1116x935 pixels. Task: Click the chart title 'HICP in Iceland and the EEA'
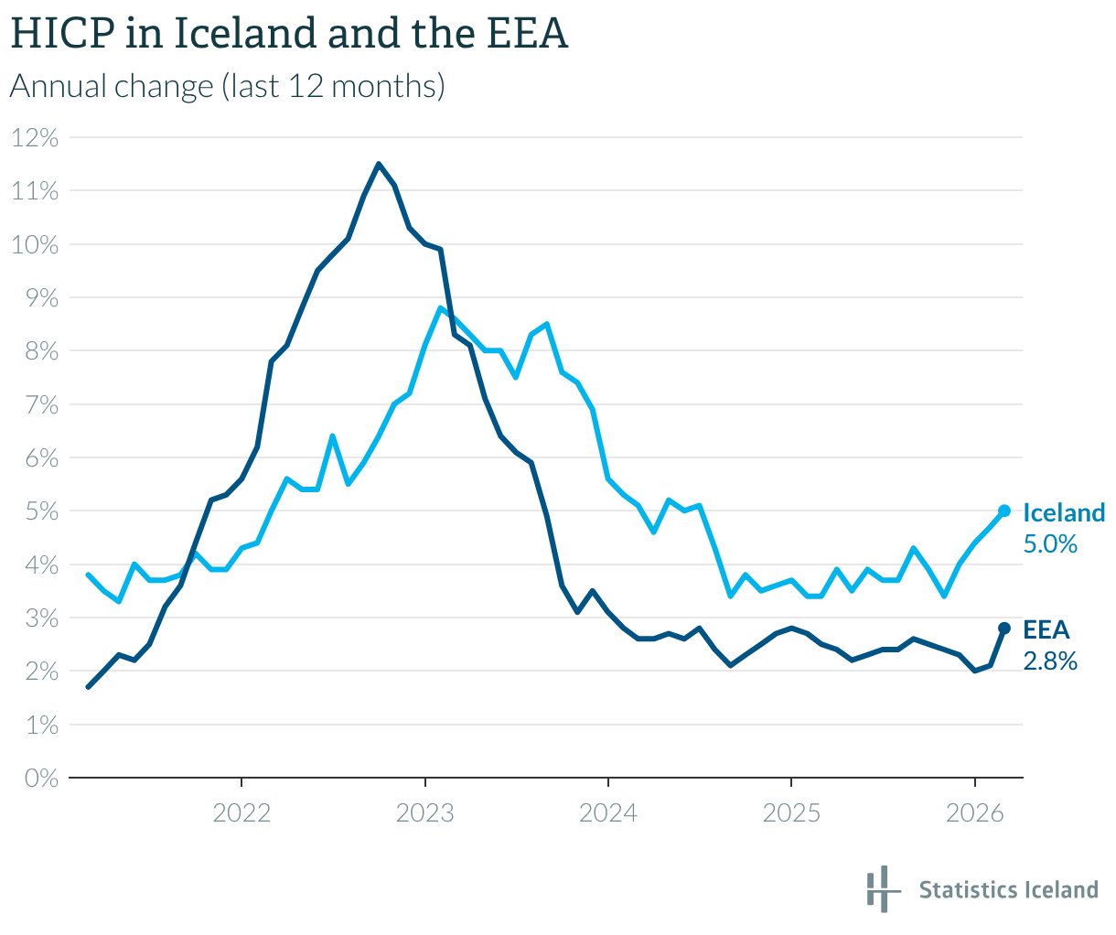click(289, 35)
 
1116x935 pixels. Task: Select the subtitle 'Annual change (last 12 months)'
click(227, 87)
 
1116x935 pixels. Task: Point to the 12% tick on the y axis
click(36, 138)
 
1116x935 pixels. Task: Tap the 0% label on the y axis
click(41, 779)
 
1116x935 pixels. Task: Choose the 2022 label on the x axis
click(241, 812)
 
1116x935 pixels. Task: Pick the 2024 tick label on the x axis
click(608, 812)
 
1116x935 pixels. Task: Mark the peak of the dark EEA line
click(379, 165)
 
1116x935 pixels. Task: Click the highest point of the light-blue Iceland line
click(440, 308)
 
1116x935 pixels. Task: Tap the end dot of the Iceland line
click(1003, 510)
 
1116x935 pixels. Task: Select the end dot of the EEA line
click(1003, 628)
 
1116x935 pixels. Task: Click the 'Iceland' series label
click(1064, 512)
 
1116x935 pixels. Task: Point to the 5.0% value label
click(1050, 544)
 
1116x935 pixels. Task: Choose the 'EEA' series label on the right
click(1046, 629)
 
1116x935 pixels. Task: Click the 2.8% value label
click(1050, 661)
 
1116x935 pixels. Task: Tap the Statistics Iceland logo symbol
click(879, 888)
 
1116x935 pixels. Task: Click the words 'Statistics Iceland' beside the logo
click(1008, 890)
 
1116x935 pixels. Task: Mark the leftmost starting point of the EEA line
click(89, 686)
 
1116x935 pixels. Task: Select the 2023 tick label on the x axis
click(425, 812)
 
